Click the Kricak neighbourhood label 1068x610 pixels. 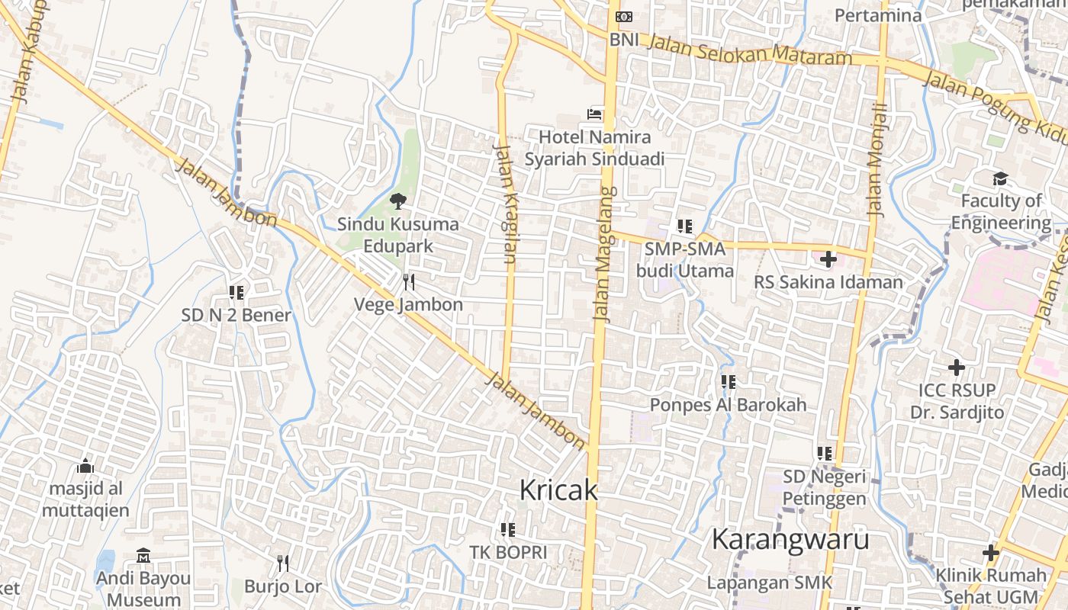click(558, 490)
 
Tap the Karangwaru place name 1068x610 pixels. click(790, 539)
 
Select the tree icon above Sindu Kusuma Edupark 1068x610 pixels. click(397, 202)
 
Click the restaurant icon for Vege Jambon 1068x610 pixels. click(409, 283)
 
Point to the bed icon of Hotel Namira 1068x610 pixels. click(594, 114)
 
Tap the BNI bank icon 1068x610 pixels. click(624, 16)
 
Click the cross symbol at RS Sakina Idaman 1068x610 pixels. click(828, 259)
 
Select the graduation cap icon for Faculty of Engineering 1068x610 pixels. click(1000, 179)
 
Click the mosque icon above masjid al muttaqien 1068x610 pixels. click(85, 465)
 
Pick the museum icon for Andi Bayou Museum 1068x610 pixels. click(143, 555)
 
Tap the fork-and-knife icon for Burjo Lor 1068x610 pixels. click(283, 563)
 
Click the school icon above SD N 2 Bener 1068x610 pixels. click(236, 292)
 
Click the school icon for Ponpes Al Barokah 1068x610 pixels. click(728, 381)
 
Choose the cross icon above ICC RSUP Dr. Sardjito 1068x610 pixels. click(956, 368)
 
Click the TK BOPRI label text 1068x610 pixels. click(508, 552)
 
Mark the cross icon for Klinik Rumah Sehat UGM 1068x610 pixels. click(991, 553)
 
